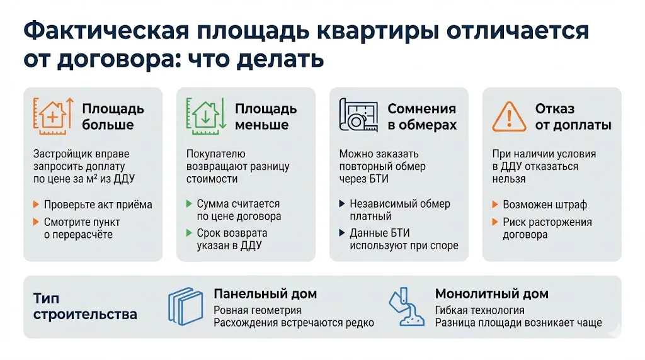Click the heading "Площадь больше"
click(113, 116)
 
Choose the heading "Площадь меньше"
click(265, 116)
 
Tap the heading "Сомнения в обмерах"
click(421, 116)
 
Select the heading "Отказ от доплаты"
click(573, 116)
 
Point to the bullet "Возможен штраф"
click(544, 205)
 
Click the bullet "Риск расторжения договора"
click(547, 228)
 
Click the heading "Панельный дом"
click(265, 294)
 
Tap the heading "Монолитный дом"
click(491, 294)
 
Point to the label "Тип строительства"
click(85, 306)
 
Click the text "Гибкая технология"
click(479, 310)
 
